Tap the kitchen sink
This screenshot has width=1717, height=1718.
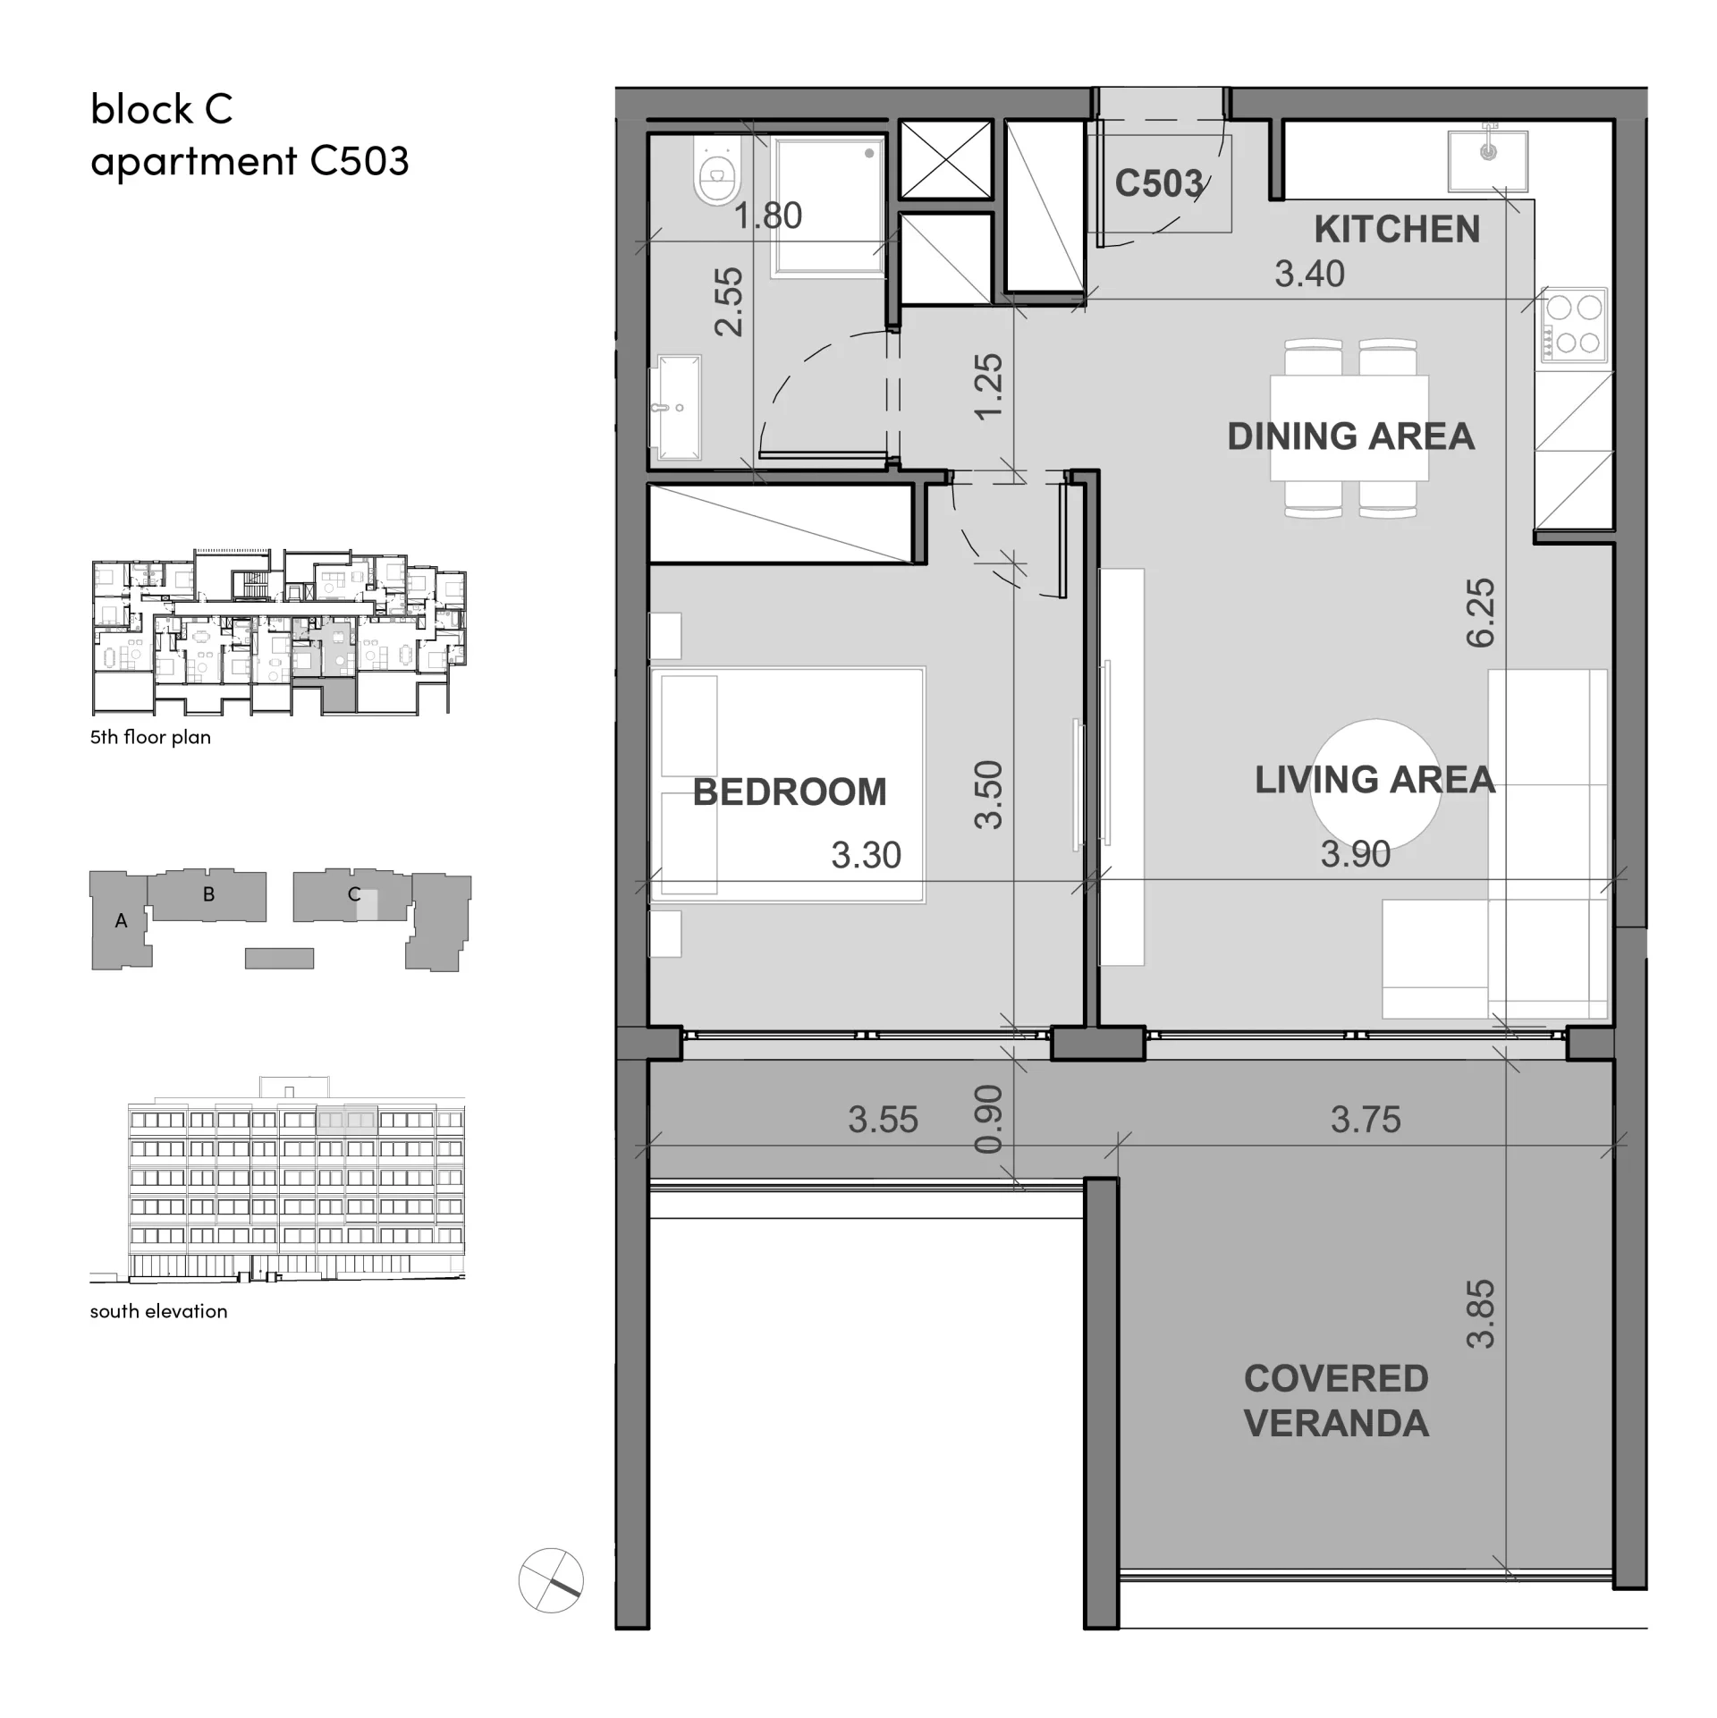point(1488,160)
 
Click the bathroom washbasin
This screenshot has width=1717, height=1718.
point(679,407)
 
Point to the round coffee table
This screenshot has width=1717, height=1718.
point(1375,784)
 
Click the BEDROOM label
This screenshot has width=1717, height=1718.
point(790,792)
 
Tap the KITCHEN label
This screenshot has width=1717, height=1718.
point(1397,230)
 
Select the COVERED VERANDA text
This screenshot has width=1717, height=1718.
point(1336,1401)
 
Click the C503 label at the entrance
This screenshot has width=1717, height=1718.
point(1159,184)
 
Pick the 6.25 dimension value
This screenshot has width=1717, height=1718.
point(1480,613)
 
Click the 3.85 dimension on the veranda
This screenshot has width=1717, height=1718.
point(1480,1314)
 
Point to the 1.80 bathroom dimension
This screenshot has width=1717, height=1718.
point(768,216)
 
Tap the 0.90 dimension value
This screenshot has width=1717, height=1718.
point(988,1119)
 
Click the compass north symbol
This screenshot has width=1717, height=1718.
point(551,1580)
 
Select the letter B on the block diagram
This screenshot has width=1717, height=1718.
point(208,893)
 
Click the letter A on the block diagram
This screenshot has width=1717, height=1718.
point(121,920)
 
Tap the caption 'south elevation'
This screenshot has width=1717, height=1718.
point(158,1311)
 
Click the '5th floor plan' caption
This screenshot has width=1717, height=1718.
point(150,737)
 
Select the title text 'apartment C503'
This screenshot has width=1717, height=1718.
point(250,162)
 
